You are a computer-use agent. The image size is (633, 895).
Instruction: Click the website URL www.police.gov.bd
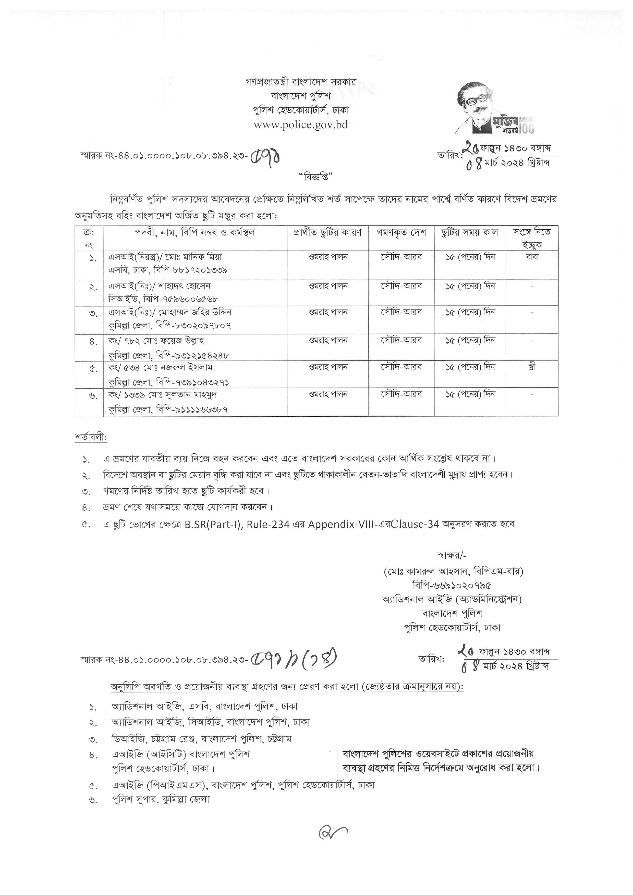[300, 125]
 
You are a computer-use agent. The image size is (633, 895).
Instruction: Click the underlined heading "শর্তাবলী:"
[91, 437]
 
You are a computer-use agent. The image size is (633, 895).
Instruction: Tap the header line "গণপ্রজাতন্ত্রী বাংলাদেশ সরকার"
[300, 82]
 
